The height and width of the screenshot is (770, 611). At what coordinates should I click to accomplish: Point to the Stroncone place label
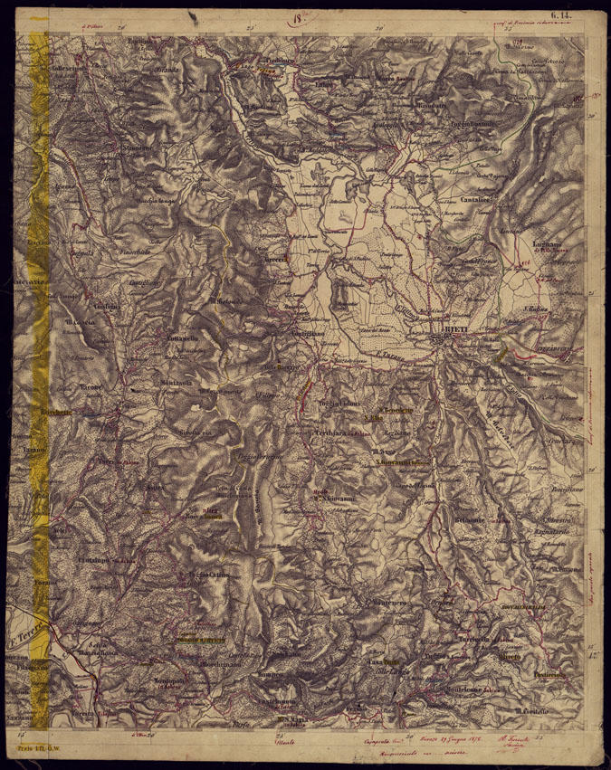click(x=132, y=143)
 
